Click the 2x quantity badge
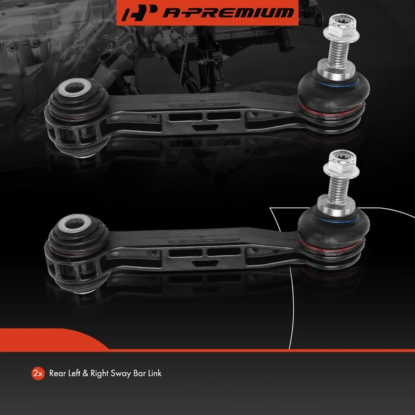38,373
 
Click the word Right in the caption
101,373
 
